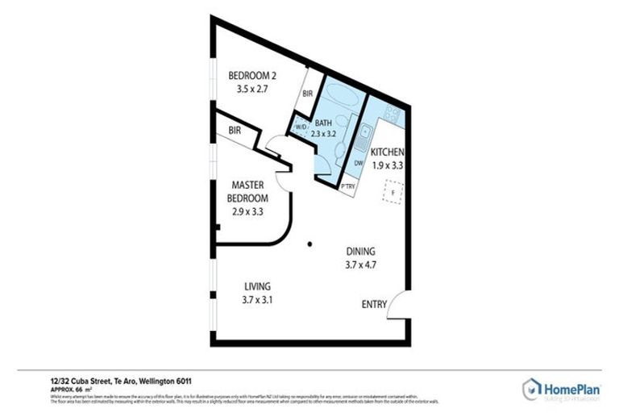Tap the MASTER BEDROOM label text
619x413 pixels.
click(248, 190)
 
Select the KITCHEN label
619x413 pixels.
click(388, 152)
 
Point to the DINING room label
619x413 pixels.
click(360, 251)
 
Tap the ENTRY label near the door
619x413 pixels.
click(372, 304)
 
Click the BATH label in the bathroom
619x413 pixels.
click(323, 123)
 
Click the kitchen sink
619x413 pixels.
click(364, 134)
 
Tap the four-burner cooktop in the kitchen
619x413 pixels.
click(392, 114)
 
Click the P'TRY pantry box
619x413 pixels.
click(348, 187)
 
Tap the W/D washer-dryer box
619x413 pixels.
click(300, 127)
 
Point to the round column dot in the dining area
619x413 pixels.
click(309, 244)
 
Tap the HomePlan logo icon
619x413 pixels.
click(531, 389)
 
